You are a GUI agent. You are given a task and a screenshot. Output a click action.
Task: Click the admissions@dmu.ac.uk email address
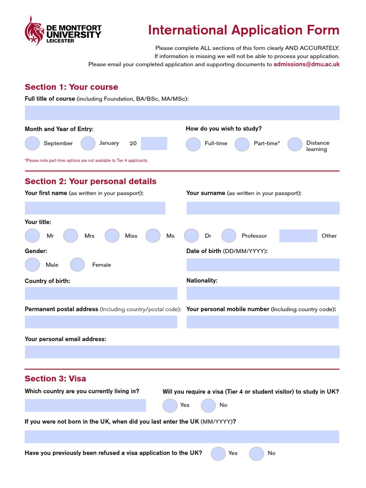pos(306,64)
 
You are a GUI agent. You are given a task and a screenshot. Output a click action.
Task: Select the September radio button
pos(32,143)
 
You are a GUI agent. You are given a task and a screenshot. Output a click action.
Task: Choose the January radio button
pos(88,143)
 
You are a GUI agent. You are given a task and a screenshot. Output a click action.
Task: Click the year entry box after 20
pos(154,143)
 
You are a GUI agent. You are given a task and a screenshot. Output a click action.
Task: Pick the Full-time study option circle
pos(193,144)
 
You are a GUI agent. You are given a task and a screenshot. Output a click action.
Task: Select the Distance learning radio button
pos(295,144)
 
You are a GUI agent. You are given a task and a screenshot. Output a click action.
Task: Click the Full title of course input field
pos(182,113)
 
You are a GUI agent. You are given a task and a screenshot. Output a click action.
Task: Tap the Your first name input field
pos(95,208)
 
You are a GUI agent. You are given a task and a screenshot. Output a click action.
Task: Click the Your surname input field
pos(263,208)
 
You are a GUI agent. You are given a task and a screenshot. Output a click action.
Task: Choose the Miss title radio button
pos(112,236)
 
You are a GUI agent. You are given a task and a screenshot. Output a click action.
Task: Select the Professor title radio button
pos(229,236)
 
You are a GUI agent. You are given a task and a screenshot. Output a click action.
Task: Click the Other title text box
pos(298,236)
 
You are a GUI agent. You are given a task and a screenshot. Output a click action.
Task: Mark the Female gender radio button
pos(77,265)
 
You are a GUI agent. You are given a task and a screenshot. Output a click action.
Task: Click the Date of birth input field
pos(263,265)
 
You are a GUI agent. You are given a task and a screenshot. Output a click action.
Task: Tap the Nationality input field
pos(263,293)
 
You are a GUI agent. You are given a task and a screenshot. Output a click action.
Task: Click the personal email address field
pos(182,352)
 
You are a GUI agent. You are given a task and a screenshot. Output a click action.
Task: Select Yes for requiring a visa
pos(170,406)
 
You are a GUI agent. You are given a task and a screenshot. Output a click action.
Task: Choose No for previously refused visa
pos(256,454)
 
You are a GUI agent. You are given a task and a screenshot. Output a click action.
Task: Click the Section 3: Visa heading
pos(55,379)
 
